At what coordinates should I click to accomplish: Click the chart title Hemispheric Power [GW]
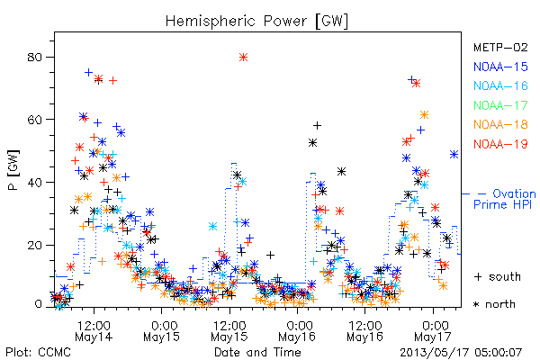[x=256, y=22]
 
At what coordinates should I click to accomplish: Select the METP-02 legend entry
[x=500, y=47]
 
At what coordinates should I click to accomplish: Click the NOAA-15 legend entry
[x=500, y=67]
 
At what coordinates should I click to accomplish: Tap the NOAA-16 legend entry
[x=500, y=85]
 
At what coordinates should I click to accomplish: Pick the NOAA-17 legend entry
[x=500, y=105]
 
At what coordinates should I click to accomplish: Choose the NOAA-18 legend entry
[x=500, y=124]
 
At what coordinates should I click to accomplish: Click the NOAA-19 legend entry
[x=500, y=144]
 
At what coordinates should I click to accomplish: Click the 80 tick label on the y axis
[x=35, y=57]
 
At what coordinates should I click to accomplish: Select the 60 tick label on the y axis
[x=35, y=120]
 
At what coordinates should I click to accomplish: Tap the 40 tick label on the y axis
[x=35, y=182]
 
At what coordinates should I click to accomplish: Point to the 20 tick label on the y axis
[x=35, y=245]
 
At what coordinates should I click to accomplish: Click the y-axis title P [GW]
[x=14, y=170]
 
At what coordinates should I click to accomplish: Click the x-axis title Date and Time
[x=257, y=352]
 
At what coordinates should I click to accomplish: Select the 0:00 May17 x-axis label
[x=433, y=331]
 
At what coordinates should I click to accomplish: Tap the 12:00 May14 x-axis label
[x=94, y=331]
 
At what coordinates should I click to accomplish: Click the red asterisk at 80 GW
[x=244, y=58]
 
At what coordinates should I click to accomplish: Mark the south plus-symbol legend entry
[x=498, y=276]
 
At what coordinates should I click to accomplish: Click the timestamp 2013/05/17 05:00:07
[x=461, y=353]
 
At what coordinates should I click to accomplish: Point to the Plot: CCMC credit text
[x=38, y=353]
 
